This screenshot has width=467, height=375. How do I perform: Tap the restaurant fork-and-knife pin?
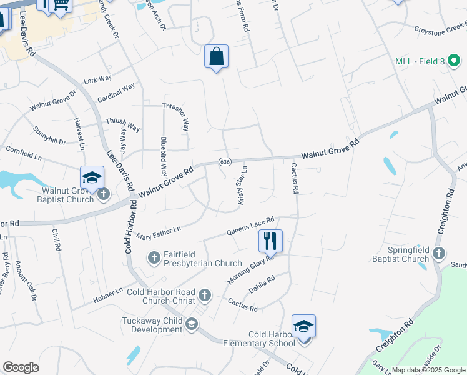pyautogui.click(x=270, y=240)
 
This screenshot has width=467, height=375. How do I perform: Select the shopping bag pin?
pyautogui.click(x=216, y=57)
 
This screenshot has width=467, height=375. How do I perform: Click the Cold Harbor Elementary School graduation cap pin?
pyautogui.click(x=303, y=327)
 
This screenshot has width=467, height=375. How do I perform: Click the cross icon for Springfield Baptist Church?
pyautogui.click(x=439, y=253)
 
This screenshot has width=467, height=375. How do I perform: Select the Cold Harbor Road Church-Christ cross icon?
pyautogui.click(x=204, y=294)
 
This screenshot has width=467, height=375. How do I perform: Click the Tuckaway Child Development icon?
pyautogui.click(x=192, y=323)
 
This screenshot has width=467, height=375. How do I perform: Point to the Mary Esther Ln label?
pyautogui.click(x=158, y=232)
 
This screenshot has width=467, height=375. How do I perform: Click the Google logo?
pyautogui.click(x=21, y=367)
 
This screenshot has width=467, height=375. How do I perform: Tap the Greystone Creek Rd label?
pyautogui.click(x=441, y=29)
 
